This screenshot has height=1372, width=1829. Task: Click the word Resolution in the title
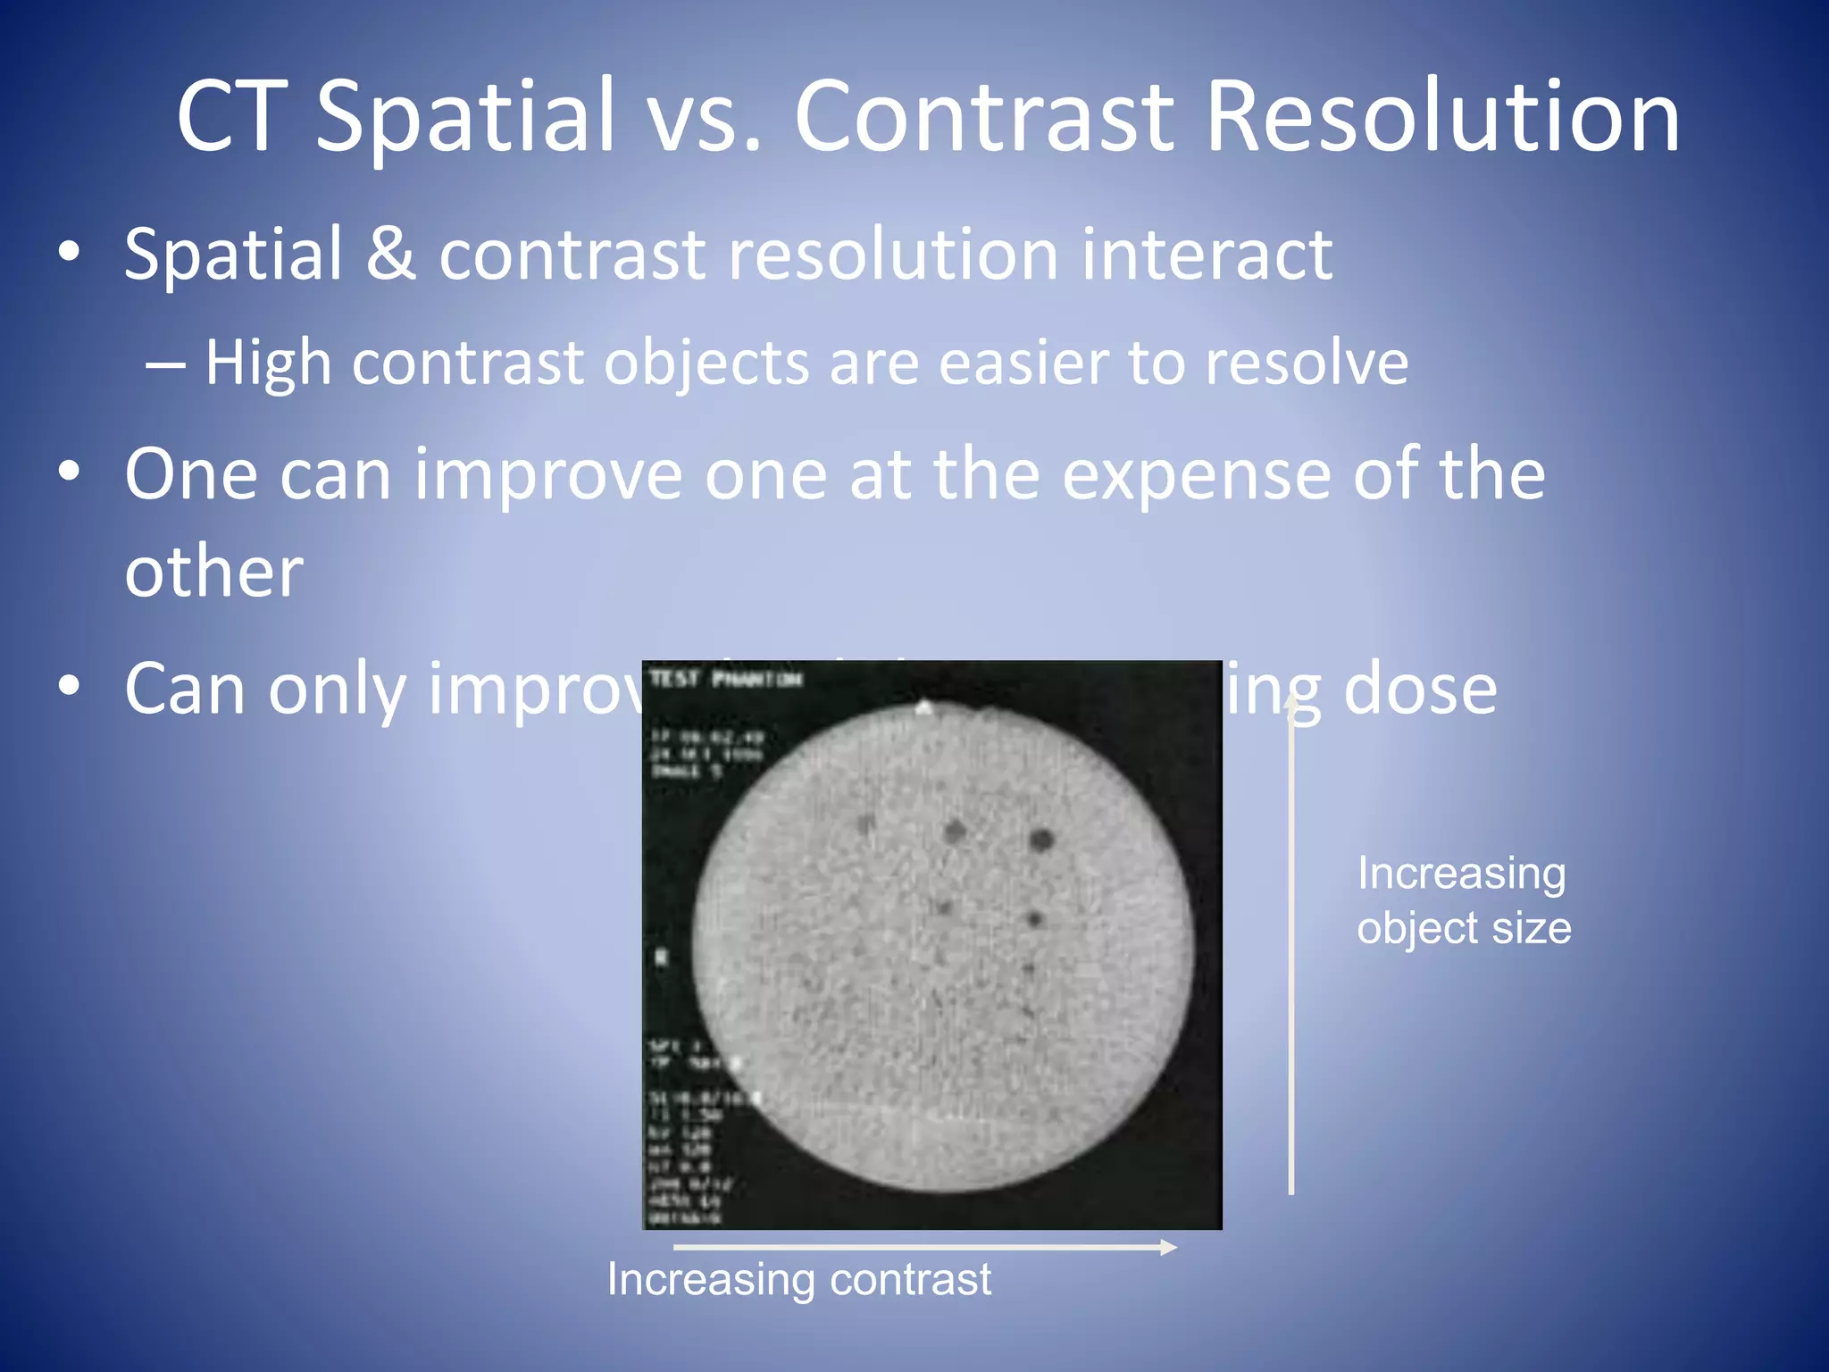pyautogui.click(x=1441, y=116)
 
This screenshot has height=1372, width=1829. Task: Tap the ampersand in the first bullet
pyautogui.click(x=390, y=254)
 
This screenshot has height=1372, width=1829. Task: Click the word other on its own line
pyautogui.click(x=214, y=572)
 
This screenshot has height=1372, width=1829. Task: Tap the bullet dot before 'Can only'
pyautogui.click(x=69, y=686)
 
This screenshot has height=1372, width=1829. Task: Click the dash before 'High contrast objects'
pyautogui.click(x=166, y=364)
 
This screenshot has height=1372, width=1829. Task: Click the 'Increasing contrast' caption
pyautogui.click(x=798, y=1279)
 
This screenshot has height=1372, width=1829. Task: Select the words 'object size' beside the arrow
pyautogui.click(x=1464, y=928)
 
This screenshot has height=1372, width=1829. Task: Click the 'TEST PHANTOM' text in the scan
pyautogui.click(x=725, y=679)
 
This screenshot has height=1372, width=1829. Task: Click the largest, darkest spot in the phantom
pyautogui.click(x=1041, y=840)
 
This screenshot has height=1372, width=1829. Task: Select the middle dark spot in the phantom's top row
pyautogui.click(x=955, y=832)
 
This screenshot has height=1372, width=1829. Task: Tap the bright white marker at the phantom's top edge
pyautogui.click(x=924, y=708)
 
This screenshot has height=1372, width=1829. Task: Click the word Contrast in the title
pyautogui.click(x=983, y=116)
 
